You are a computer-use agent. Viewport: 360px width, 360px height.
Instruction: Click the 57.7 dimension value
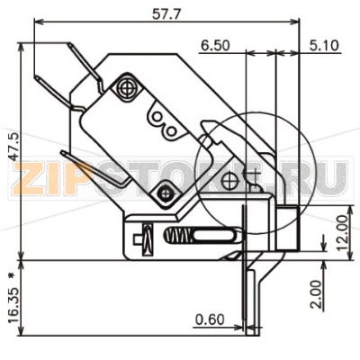click(166, 13)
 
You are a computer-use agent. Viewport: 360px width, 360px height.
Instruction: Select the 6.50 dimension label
click(215, 46)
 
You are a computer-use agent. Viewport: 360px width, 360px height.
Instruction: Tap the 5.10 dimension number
click(324, 46)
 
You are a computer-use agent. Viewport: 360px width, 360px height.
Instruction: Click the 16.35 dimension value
click(14, 305)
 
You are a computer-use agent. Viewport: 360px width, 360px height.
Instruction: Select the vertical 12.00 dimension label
click(342, 233)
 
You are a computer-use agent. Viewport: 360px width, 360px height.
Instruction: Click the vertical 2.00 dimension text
click(316, 294)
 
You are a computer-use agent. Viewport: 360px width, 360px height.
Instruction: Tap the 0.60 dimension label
click(210, 319)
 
